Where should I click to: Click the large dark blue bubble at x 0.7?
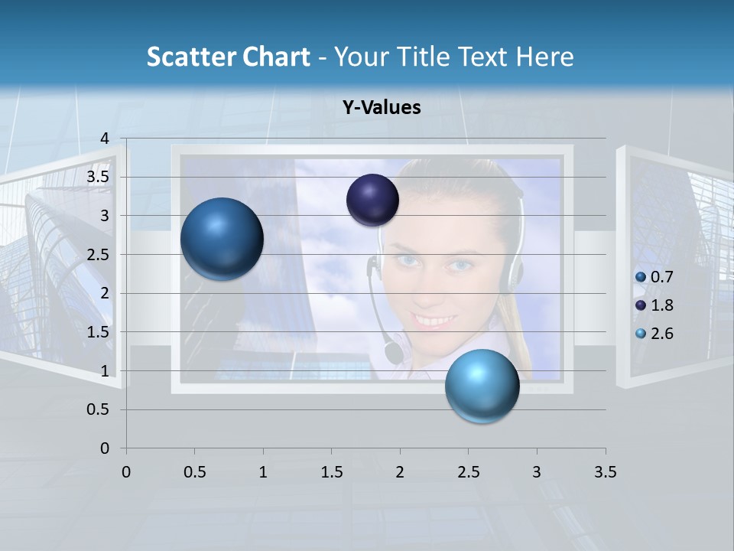(x=222, y=239)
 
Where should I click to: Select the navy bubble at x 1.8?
(x=372, y=200)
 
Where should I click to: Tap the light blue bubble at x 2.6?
(x=482, y=386)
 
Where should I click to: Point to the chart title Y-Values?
(x=381, y=108)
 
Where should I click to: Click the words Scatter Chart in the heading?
(x=228, y=57)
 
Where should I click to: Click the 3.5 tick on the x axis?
(x=605, y=472)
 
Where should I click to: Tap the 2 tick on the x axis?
(x=400, y=472)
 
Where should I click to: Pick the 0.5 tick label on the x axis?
(x=194, y=472)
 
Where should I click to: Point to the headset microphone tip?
(x=394, y=352)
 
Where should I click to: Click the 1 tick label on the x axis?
(x=263, y=472)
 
